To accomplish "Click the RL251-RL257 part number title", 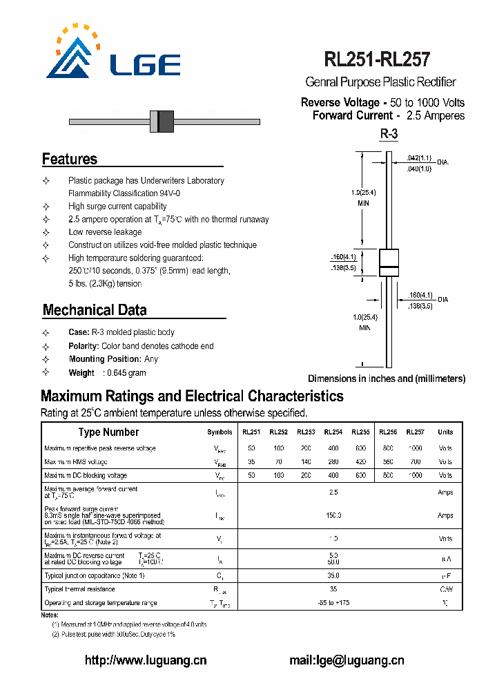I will pos(377,60).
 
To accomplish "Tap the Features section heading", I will pos(70,159).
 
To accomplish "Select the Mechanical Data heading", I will pos(95,310).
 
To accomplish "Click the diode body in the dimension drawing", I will pos(389,267).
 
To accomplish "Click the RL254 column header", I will pos(333,432).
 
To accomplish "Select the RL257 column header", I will pos(415,432).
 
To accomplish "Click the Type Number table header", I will pos(108,432).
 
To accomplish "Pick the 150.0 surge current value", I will pos(333,515).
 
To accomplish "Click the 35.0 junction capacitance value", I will pos(333,575).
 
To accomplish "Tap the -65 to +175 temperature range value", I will pos(333,603).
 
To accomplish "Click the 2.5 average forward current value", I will pos(333,492).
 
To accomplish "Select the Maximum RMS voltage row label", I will pos(76,461).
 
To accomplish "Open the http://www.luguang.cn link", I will pos(146,660).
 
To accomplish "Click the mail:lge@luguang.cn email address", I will pos(347,660).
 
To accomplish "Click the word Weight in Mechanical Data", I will pos(81,373).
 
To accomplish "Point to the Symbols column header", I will pos(220,432).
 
